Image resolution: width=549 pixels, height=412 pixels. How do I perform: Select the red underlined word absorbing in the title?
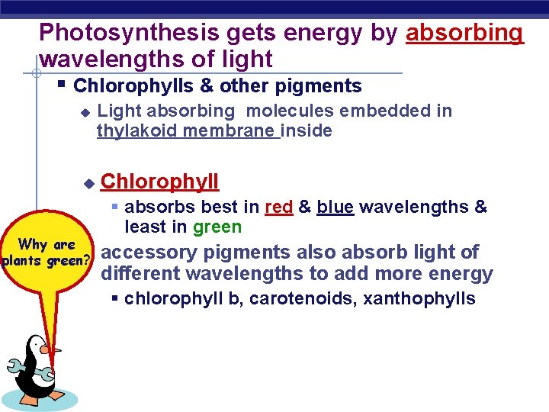pos(465,33)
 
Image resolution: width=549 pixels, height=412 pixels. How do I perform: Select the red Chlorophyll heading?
pos(159,182)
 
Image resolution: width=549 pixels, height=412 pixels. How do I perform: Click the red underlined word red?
pos(278,207)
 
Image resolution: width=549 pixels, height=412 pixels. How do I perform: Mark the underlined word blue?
pos(335,207)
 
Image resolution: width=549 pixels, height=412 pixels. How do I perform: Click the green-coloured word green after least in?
pos(217,227)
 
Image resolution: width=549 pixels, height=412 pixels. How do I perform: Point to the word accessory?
pos(149,253)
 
